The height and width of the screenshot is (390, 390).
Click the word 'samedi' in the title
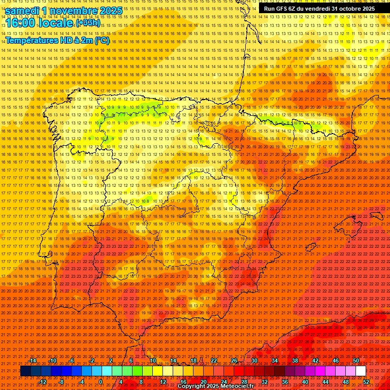22,11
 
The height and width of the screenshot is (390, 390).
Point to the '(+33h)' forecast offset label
88,23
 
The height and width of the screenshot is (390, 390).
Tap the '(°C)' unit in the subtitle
102,40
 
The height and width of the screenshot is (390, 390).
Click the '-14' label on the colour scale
32,361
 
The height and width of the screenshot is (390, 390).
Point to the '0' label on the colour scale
101,382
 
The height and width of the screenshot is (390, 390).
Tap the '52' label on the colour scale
366,382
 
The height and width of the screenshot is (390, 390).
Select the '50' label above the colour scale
355,361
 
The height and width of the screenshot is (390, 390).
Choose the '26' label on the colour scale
234,361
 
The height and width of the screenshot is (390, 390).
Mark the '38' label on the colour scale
295,361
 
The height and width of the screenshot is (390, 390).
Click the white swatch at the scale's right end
361,371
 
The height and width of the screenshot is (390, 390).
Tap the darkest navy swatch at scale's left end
25,371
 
